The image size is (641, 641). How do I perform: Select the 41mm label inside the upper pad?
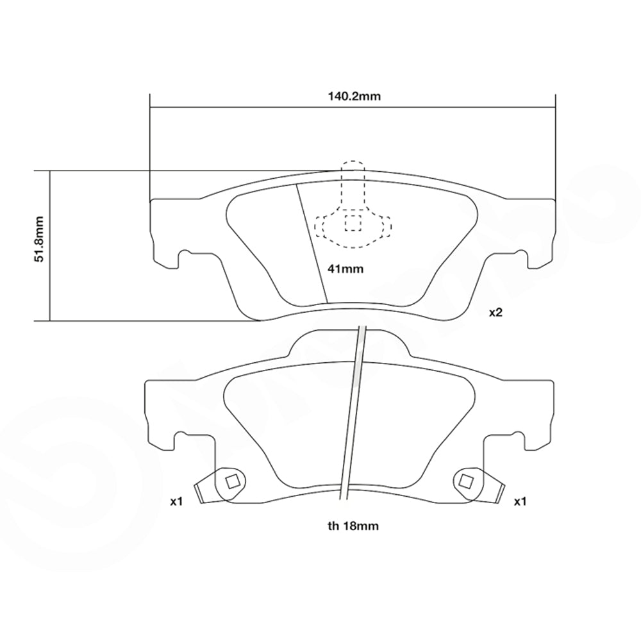tap(345, 269)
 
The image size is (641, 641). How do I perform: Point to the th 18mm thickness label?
tap(353, 526)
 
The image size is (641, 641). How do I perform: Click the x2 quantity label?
tap(495, 313)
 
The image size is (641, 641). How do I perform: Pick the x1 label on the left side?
tap(177, 502)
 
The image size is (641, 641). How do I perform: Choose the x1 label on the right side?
tap(520, 502)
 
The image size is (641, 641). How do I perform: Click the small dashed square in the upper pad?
tap(353, 222)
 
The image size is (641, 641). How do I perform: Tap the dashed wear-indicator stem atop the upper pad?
tap(353, 183)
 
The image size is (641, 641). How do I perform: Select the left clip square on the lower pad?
tap(232, 481)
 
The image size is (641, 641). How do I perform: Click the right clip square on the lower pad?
tap(466, 481)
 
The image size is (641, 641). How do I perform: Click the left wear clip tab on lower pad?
tap(206, 490)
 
